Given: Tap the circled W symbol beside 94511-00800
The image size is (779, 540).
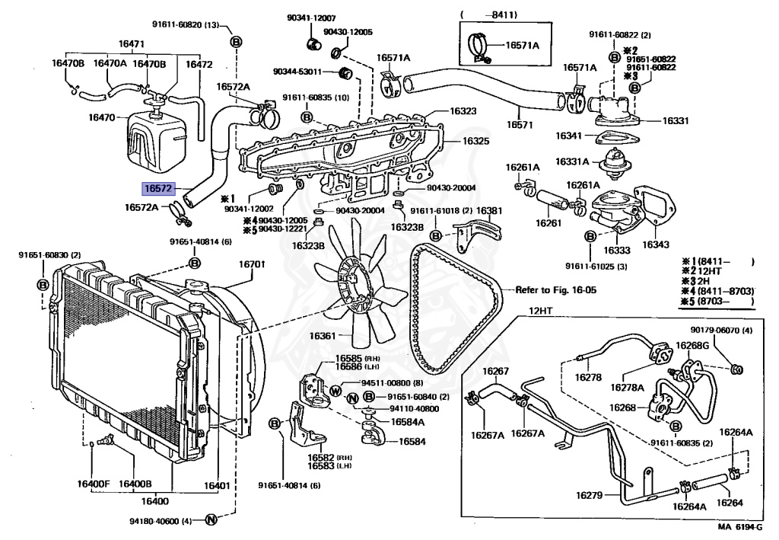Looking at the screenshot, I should point(334,391).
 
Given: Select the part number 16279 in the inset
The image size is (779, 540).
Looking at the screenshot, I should point(589,495).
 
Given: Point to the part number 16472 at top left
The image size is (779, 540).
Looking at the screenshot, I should point(200,65).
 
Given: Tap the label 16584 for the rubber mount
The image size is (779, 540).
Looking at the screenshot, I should point(412,441).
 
